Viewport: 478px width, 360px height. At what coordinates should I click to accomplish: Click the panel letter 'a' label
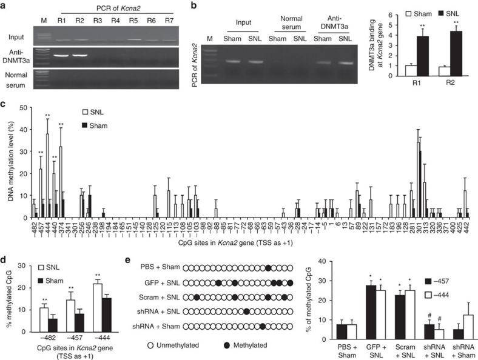coord(4,6)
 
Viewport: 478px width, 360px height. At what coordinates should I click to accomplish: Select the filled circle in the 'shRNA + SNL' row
coord(246,312)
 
